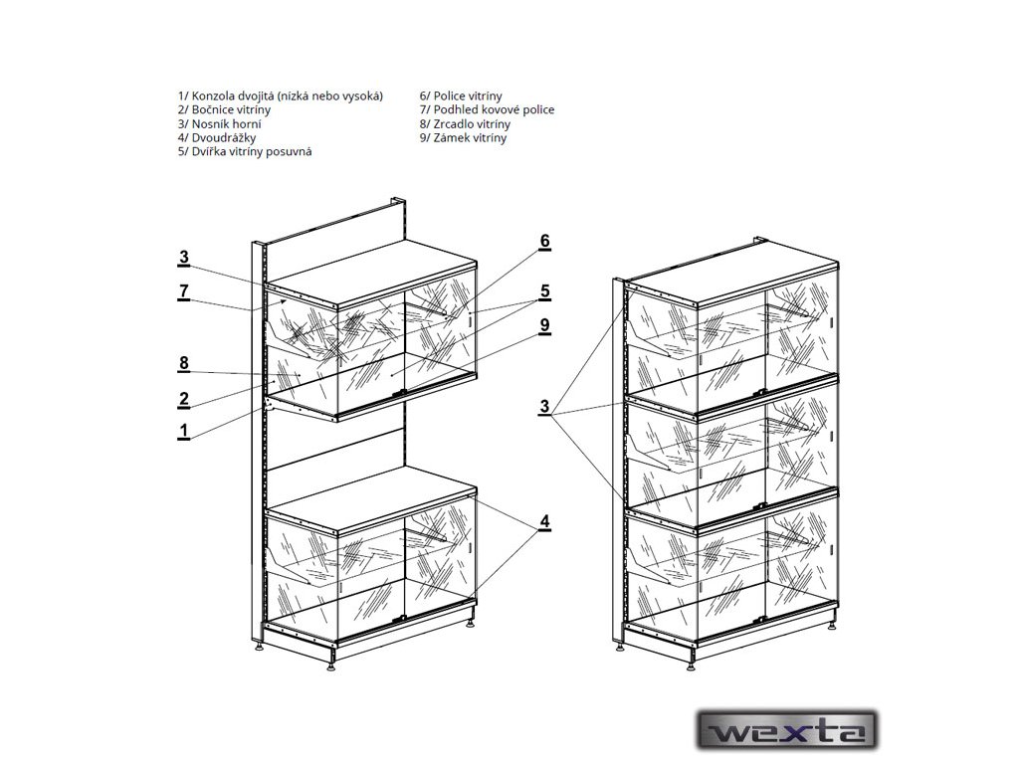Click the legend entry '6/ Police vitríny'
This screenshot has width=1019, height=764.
(x=463, y=95)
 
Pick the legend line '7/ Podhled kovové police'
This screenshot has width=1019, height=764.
(x=487, y=109)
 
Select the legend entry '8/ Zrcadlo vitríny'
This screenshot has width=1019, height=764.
(x=465, y=123)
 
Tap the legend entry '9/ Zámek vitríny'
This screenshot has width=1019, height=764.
(x=463, y=137)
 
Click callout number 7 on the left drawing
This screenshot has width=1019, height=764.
(x=184, y=290)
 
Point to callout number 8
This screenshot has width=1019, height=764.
(x=184, y=363)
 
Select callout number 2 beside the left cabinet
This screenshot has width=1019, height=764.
(x=184, y=399)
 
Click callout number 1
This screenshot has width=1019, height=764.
(x=184, y=431)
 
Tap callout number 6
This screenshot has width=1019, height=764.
(x=544, y=241)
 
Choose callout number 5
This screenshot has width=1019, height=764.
(x=544, y=291)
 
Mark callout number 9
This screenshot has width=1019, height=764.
(x=544, y=325)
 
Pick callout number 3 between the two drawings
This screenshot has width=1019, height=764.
(x=544, y=406)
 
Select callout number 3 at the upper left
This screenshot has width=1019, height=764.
(x=184, y=258)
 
